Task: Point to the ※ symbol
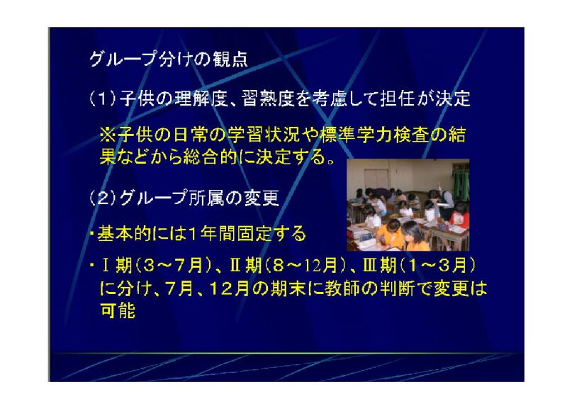click(x=108, y=135)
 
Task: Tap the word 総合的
click(x=209, y=157)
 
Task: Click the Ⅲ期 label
click(x=380, y=266)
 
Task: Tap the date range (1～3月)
click(x=437, y=266)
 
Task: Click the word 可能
click(x=118, y=310)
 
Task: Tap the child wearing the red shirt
click(x=459, y=219)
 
